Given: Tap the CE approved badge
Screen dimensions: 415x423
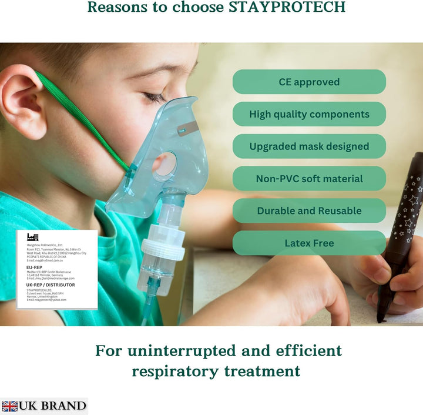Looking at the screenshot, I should tap(309, 82).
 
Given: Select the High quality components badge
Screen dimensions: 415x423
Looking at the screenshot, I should tap(309, 114).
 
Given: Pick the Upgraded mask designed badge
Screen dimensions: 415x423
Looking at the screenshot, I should tap(309, 146).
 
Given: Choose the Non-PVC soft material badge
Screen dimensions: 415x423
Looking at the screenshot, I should tap(309, 179).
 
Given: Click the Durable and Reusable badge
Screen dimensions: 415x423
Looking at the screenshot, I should tap(309, 210).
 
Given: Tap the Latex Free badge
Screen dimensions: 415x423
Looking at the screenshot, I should tap(309, 243).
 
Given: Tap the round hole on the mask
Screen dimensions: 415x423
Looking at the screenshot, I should tap(166, 164).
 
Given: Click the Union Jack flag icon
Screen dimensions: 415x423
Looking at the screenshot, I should tap(9, 406).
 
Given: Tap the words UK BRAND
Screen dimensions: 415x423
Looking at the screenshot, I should tap(52, 406).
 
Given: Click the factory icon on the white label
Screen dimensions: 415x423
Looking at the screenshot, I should tap(32, 237).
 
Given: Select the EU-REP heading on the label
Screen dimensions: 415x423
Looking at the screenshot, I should tap(34, 267).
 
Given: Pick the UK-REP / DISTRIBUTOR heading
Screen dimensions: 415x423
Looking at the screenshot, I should tap(51, 285).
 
